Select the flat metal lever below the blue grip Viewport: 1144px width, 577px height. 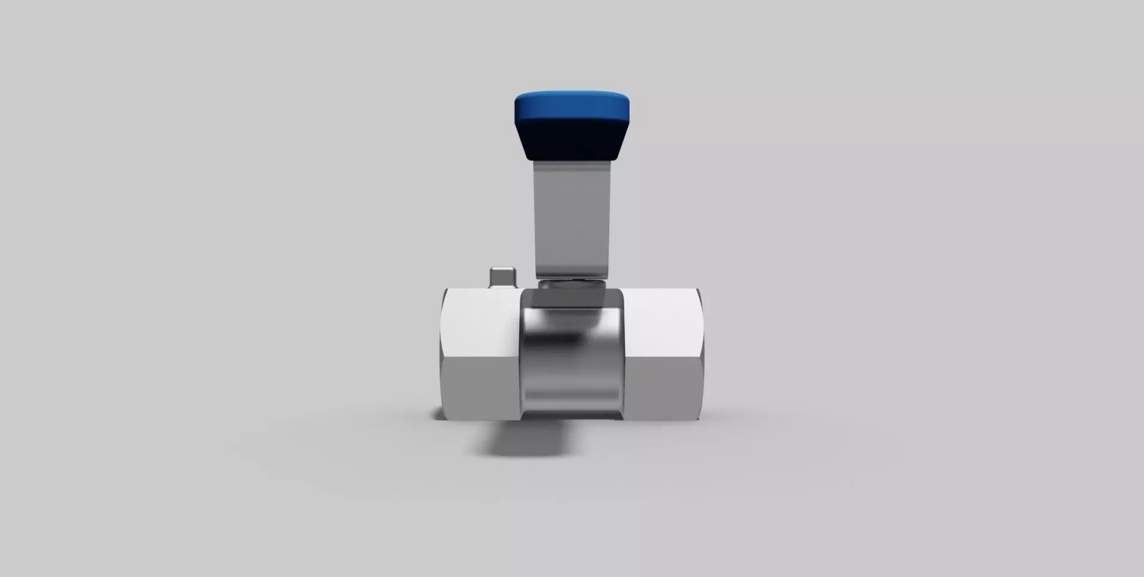[x=571, y=216]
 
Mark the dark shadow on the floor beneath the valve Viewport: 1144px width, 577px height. [x=522, y=438]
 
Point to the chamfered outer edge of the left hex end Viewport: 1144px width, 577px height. [x=443, y=354]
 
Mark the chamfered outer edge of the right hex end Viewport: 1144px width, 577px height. [x=700, y=354]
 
